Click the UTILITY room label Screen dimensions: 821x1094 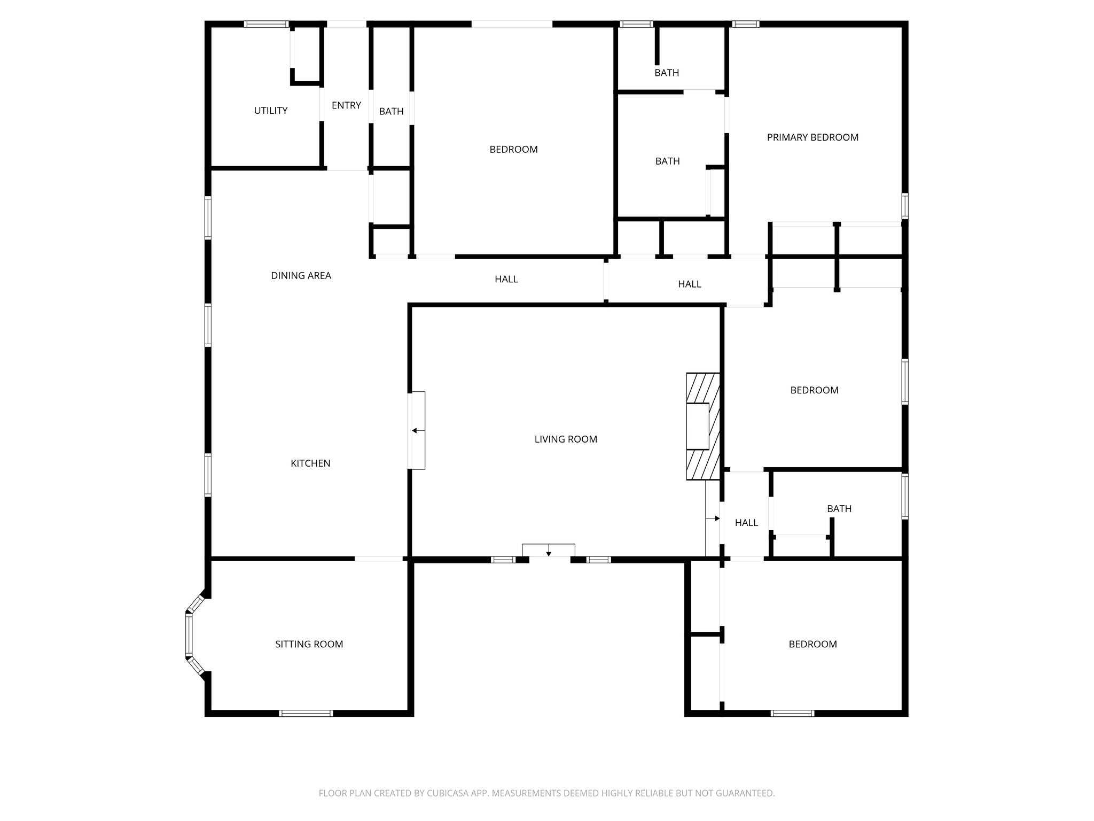point(270,111)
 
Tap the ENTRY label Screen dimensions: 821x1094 point(346,105)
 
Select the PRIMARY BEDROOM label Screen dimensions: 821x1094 point(812,137)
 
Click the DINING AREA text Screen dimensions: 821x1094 point(301,276)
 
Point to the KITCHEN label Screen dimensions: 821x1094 point(310,463)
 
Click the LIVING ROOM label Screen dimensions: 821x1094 point(566,439)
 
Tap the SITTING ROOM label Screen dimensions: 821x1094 point(309,644)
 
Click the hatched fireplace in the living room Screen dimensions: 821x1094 point(703,426)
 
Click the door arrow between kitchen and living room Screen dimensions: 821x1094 point(415,431)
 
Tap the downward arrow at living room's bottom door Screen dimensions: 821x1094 point(549,553)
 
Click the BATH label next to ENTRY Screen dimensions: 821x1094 point(391,111)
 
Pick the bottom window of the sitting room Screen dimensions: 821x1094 point(306,713)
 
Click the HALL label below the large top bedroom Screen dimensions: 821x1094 point(506,279)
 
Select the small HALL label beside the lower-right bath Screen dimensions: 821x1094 point(746,523)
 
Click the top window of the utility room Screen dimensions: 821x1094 point(266,24)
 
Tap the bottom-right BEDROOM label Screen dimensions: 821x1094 point(812,644)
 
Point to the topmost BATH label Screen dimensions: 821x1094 point(667,73)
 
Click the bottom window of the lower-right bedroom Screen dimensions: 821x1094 point(792,713)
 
